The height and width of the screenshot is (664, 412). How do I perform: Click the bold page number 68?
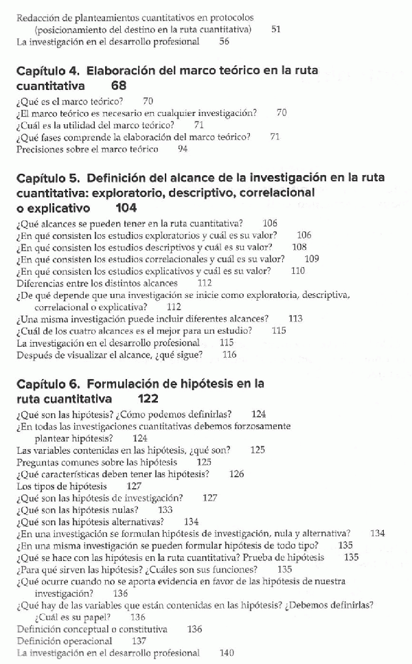(x=117, y=87)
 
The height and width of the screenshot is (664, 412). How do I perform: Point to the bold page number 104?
(x=126, y=207)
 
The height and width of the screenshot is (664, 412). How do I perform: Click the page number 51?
(x=276, y=30)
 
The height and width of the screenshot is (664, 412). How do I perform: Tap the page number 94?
(x=183, y=148)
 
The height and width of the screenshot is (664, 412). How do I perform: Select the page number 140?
(x=227, y=653)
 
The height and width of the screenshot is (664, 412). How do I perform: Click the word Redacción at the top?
(x=37, y=17)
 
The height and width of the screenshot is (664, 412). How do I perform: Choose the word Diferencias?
(x=40, y=283)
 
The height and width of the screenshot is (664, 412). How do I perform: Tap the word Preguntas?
(x=38, y=462)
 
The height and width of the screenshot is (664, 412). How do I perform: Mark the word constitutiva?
(x=142, y=629)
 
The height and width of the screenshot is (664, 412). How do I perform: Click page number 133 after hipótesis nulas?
(x=165, y=510)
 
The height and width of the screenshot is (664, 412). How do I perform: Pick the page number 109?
(x=311, y=259)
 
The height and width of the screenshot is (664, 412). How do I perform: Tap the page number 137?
(x=139, y=641)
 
